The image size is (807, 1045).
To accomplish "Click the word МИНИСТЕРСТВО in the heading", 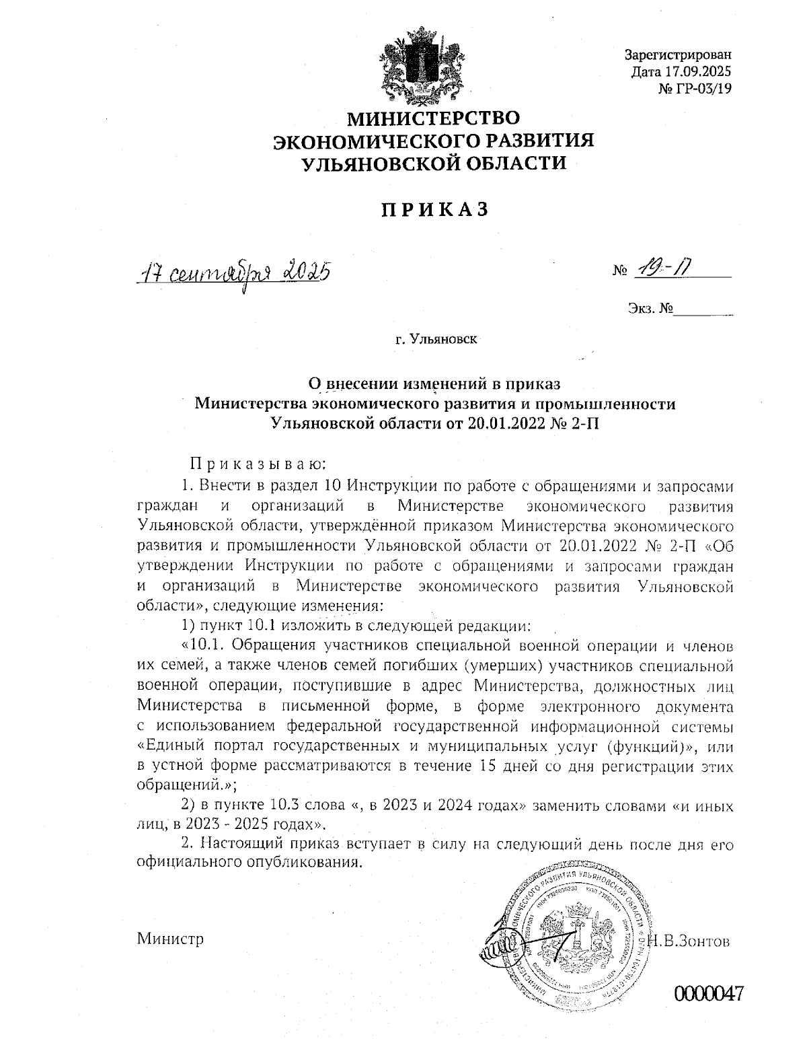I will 433,119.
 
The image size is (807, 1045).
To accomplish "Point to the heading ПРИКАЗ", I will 434,210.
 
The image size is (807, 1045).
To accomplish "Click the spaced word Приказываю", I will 258,464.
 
